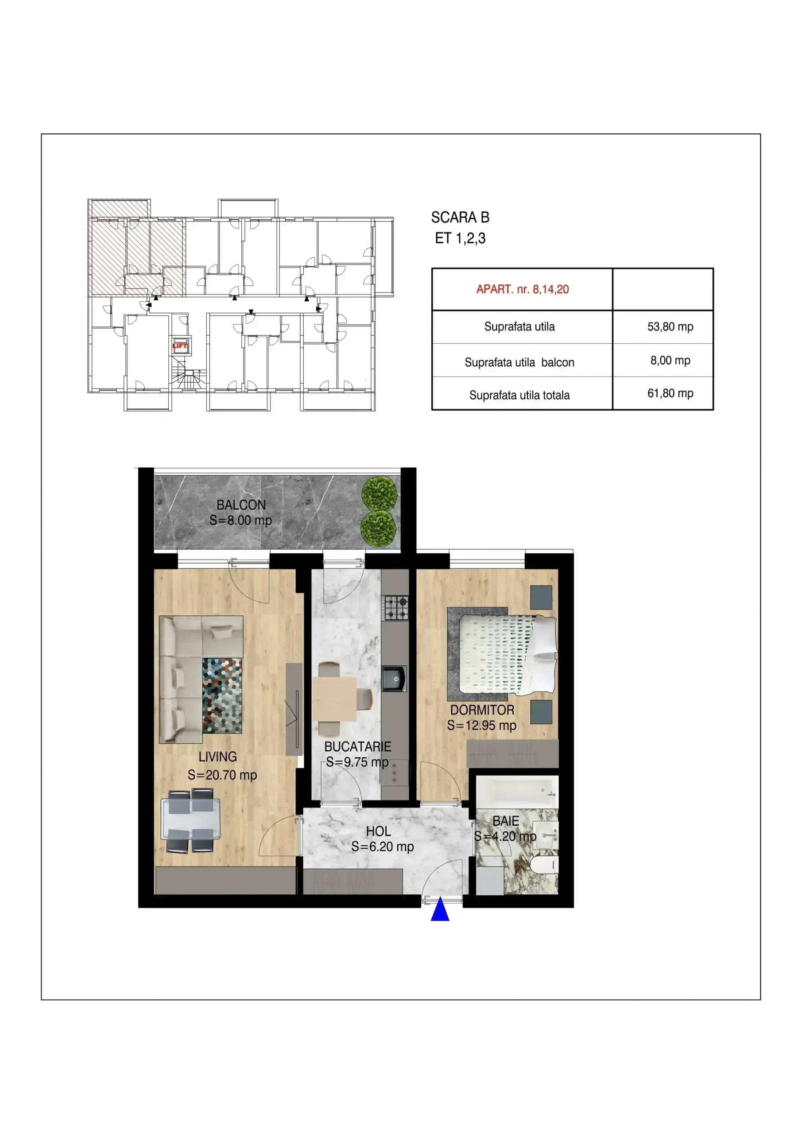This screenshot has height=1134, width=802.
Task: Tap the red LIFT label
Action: coord(180,346)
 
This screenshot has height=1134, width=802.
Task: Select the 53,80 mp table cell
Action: coord(670,326)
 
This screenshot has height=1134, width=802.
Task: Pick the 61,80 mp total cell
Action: coord(670,393)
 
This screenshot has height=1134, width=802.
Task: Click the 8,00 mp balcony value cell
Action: coord(670,360)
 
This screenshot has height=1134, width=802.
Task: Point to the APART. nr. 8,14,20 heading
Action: coord(523,289)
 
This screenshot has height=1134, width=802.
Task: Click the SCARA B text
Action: coord(460,217)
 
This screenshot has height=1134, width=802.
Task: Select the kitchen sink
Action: coord(394,679)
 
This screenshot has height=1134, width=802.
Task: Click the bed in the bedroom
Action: coord(508,654)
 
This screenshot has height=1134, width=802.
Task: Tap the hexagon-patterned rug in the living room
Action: coord(222,695)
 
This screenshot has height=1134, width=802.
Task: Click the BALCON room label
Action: coord(241,505)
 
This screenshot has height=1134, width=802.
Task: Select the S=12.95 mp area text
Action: coord(481,725)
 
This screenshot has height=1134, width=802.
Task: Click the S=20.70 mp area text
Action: coord(222,775)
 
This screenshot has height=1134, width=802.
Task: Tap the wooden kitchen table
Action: coord(334,699)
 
